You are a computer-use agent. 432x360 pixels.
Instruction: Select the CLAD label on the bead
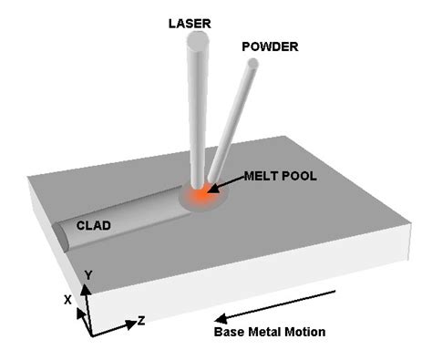[93, 223]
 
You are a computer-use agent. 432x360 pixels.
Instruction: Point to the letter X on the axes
[67, 298]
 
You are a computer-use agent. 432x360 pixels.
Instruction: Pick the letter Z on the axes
[141, 321]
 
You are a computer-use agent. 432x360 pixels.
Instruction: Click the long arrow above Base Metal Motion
[278, 304]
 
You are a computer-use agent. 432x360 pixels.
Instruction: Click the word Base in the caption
[229, 331]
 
